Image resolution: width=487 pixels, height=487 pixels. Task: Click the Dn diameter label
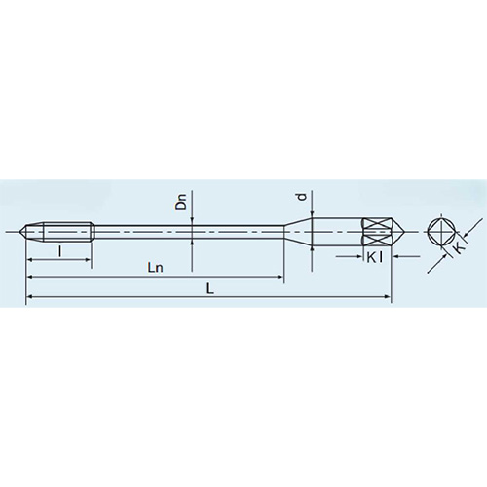[181, 205]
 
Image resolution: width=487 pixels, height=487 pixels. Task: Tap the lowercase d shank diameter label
[301, 197]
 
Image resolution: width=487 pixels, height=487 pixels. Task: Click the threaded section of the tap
[66, 232]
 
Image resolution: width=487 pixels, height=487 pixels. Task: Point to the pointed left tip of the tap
[24, 232]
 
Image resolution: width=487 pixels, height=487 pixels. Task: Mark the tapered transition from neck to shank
[289, 232]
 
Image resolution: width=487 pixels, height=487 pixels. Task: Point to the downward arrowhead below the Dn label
[193, 223]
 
